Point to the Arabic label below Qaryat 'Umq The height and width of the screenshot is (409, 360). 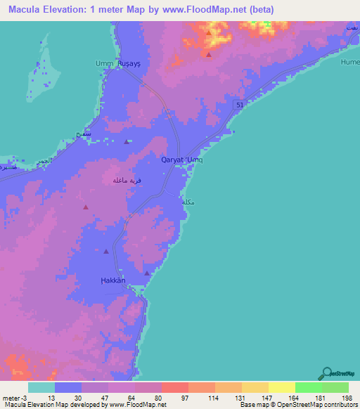188,202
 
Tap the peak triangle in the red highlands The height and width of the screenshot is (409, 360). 209,53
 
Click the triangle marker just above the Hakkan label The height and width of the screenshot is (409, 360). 147,273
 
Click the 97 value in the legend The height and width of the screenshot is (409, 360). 175,398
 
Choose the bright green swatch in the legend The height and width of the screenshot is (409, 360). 309,387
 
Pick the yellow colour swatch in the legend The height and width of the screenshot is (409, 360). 282,387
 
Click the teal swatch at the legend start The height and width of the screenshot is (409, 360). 41,387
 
